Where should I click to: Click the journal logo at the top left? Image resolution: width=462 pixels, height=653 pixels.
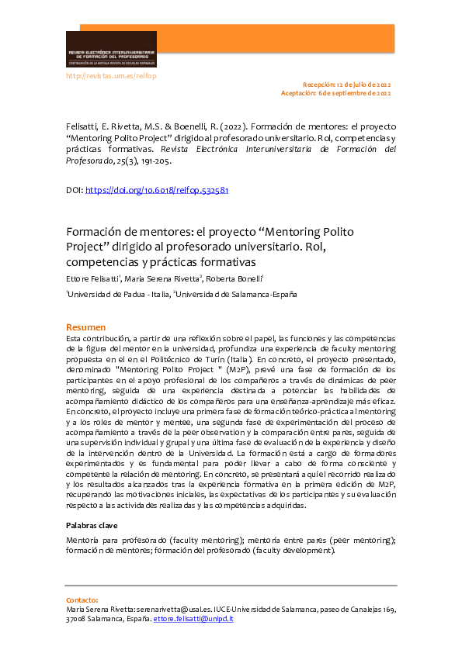[x=111, y=50]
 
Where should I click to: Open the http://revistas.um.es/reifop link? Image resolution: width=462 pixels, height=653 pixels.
[x=111, y=76]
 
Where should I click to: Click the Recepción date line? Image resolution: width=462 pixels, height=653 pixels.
[x=346, y=84]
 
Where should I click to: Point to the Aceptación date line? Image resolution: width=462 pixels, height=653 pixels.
[x=335, y=93]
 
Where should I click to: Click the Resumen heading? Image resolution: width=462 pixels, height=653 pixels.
[x=85, y=327]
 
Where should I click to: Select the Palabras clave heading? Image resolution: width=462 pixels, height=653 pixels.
[x=92, y=526]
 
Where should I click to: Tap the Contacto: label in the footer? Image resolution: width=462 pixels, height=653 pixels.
[x=82, y=600]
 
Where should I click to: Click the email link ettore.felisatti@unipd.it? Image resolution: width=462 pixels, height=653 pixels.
[x=193, y=619]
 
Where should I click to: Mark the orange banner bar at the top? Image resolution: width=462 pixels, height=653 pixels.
[x=276, y=39]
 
